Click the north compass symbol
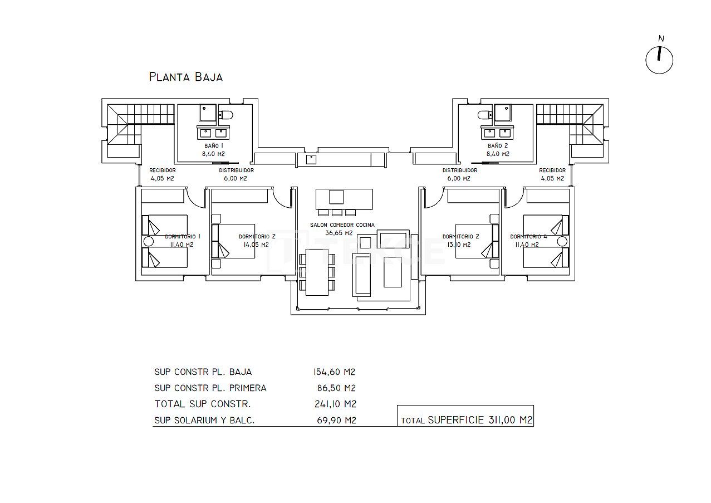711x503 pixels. click(659, 60)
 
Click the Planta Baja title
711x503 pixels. click(186, 77)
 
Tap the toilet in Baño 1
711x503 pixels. click(226, 115)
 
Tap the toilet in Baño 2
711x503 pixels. click(484, 115)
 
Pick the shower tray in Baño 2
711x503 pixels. click(504, 113)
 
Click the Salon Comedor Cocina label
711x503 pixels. click(342, 225)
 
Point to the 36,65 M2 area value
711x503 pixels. click(339, 233)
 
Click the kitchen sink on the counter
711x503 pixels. click(311, 159)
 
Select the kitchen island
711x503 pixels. click(344, 198)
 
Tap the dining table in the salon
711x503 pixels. click(317, 272)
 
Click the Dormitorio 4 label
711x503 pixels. click(528, 236)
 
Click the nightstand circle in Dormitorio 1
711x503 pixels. click(148, 242)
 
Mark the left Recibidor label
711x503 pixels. click(163, 170)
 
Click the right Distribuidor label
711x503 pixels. click(460, 170)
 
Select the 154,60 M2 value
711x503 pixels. click(334, 372)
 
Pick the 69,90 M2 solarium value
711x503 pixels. click(335, 421)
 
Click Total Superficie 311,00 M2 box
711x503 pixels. click(465, 421)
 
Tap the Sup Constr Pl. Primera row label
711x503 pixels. click(210, 388)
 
